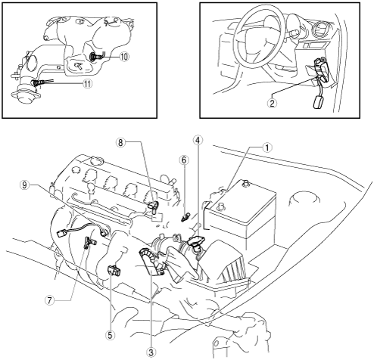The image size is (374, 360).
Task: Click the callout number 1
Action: (267, 148)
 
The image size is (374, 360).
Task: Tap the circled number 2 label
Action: (272, 103)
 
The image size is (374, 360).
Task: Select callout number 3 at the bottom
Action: (151, 352)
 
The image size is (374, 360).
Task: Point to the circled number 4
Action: (198, 141)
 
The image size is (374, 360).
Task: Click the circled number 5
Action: (111, 335)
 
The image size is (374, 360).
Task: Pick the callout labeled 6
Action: (184, 160)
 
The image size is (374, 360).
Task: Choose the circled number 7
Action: (49, 300)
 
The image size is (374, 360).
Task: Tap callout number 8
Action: (120, 142)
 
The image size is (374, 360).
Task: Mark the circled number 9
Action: (24, 185)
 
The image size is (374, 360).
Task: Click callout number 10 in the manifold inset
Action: (123, 57)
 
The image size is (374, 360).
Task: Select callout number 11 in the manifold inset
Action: (87, 84)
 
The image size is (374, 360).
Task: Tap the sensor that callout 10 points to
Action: (96, 57)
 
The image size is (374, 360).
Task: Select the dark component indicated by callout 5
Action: (114, 271)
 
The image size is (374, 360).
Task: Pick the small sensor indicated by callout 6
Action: (185, 216)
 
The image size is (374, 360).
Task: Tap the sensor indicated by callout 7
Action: (89, 243)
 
